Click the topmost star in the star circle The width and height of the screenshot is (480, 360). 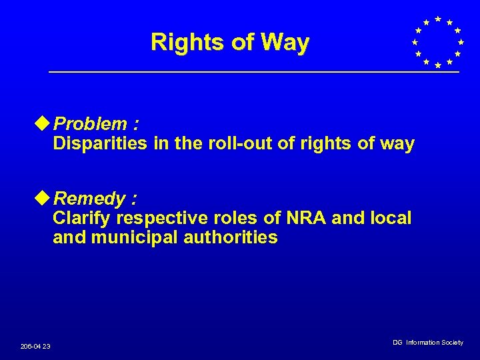[437, 19]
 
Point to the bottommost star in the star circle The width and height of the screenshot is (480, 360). [437, 65]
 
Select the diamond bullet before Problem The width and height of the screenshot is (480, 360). [45, 123]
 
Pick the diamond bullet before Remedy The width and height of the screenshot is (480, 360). [45, 198]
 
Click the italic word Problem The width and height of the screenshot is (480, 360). [91, 124]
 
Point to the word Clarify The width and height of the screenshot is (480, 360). [83, 218]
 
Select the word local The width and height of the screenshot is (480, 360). [390, 218]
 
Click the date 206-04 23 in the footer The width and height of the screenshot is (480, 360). [35, 346]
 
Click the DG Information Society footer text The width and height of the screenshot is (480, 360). [427, 342]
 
